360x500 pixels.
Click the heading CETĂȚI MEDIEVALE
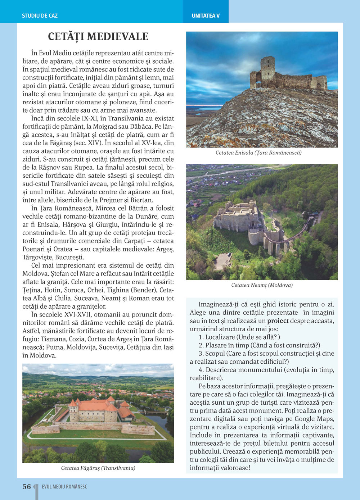98,37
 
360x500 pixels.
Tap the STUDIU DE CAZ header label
40,16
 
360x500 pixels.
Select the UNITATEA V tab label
206,16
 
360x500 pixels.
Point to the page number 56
27,487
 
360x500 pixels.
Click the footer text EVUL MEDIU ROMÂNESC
64,487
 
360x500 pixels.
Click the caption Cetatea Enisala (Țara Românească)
258,153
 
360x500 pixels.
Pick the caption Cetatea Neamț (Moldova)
262,285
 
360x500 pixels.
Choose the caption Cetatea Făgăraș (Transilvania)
98,468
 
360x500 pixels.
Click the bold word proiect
278,321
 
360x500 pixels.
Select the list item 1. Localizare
239,337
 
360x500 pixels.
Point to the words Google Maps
314,419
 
